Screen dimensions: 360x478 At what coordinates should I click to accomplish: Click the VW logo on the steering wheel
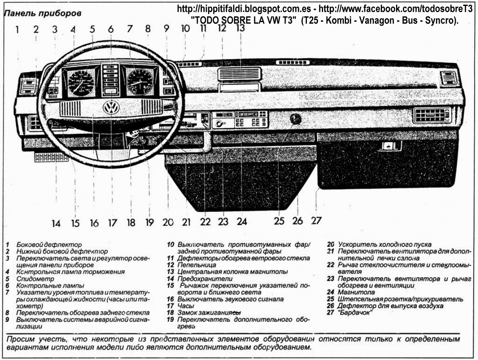pyautogui.click(x=111, y=107)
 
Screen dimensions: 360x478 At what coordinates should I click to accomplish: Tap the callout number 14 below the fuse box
pyautogui.click(x=56, y=223)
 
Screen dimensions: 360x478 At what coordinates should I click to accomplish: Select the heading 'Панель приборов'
pyautogui.click(x=42, y=14)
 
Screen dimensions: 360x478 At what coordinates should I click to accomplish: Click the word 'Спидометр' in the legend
pyautogui.click(x=32, y=279)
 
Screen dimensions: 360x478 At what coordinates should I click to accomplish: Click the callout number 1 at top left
pyautogui.click(x=17, y=30)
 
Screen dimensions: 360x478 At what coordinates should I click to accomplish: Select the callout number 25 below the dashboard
pyautogui.click(x=279, y=221)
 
